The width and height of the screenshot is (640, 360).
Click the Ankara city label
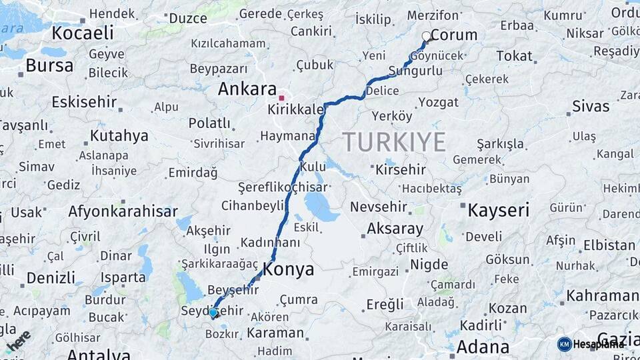click(247, 89)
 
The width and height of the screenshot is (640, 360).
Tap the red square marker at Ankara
click(281, 98)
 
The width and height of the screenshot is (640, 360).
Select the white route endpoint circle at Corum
click(426, 36)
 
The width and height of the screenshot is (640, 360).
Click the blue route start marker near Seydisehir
click(213, 312)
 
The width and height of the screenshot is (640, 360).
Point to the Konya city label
click(288, 269)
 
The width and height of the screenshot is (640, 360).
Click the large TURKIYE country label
click(394, 142)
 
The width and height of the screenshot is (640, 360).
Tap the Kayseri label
click(499, 211)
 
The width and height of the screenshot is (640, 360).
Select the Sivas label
click(591, 106)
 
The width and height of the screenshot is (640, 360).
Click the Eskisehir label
click(84, 103)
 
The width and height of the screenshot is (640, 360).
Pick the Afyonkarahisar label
click(123, 212)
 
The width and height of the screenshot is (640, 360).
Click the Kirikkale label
click(295, 109)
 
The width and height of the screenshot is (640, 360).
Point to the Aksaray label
click(395, 229)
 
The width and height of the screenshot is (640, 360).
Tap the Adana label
click(483, 347)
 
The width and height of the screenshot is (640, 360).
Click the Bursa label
click(49, 65)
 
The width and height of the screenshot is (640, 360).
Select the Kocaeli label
click(83, 33)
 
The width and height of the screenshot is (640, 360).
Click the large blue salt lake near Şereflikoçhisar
click(321, 207)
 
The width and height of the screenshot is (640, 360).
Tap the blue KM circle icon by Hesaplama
click(565, 344)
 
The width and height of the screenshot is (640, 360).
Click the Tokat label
click(514, 56)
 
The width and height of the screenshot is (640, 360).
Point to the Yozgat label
click(439, 102)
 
